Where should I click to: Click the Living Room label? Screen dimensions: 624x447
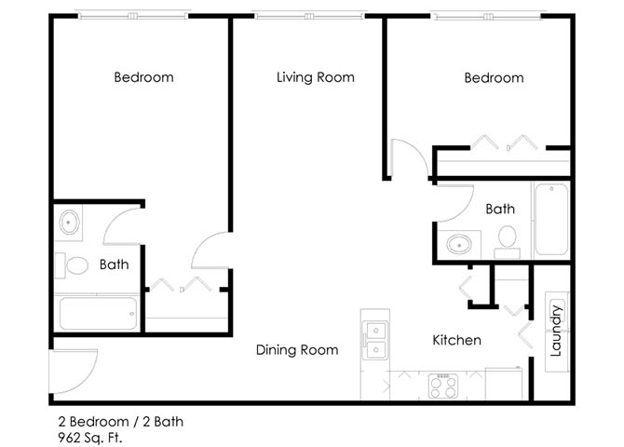tap(316, 77)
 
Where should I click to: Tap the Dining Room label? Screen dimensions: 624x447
tap(297, 350)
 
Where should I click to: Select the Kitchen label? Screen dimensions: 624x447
tap(457, 340)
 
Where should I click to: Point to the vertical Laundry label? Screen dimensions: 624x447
tap(556, 331)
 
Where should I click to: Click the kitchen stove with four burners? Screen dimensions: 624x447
tap(443, 386)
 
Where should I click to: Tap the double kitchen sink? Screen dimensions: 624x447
tap(375, 341)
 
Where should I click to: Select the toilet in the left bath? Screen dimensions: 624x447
tap(72, 265)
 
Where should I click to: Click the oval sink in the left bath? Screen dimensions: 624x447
tap(69, 223)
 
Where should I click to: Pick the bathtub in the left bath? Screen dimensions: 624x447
tap(99, 314)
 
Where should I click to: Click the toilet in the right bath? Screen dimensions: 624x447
tap(508, 241)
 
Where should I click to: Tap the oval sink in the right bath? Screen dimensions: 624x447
tap(459, 244)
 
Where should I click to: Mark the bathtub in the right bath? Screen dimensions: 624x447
tap(551, 219)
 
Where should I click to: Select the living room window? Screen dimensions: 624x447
tap(309, 17)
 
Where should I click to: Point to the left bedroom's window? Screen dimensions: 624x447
tap(133, 17)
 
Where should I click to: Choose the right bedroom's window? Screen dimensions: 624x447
tap(487, 17)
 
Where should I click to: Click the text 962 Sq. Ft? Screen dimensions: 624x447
tap(90, 438)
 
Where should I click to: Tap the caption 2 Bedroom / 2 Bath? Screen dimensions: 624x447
tap(120, 422)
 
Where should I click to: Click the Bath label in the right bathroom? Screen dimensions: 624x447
tap(500, 209)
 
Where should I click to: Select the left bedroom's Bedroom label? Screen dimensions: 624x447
tap(143, 76)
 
